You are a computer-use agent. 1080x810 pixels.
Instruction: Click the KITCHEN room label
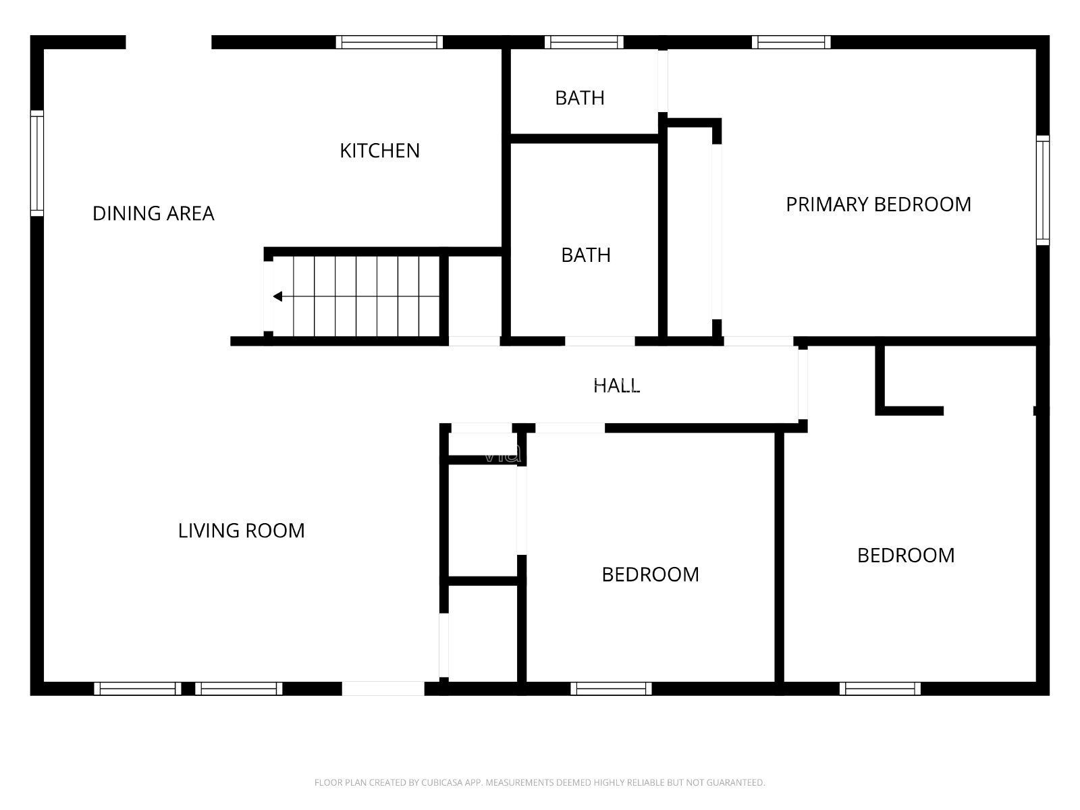(379, 151)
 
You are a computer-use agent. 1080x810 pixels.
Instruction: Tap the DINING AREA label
(153, 213)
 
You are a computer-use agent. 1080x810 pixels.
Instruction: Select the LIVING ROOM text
(241, 531)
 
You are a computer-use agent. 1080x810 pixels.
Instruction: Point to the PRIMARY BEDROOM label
(878, 205)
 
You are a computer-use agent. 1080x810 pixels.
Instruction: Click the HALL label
(616, 385)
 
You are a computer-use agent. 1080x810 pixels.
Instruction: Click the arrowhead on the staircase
(277, 296)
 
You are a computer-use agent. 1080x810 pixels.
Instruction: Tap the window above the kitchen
(389, 43)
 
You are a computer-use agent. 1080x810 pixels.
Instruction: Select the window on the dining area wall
(37, 163)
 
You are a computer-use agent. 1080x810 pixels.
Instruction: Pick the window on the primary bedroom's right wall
(1043, 190)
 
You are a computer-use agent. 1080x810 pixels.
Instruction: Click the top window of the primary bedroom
(791, 43)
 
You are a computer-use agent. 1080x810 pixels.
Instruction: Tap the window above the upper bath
(584, 43)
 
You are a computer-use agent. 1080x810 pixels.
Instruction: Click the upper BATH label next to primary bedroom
(580, 98)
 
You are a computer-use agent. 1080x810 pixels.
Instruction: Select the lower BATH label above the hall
(585, 255)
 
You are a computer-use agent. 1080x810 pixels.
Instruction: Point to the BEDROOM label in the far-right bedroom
(906, 556)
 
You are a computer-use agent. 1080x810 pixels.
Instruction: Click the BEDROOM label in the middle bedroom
(650, 574)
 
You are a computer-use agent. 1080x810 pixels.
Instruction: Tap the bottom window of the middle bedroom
(611, 688)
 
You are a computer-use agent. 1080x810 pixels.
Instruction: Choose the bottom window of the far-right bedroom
(880, 688)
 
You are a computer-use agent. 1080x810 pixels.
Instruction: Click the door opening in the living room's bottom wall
(383, 688)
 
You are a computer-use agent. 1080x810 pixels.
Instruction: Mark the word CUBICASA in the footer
(439, 782)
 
